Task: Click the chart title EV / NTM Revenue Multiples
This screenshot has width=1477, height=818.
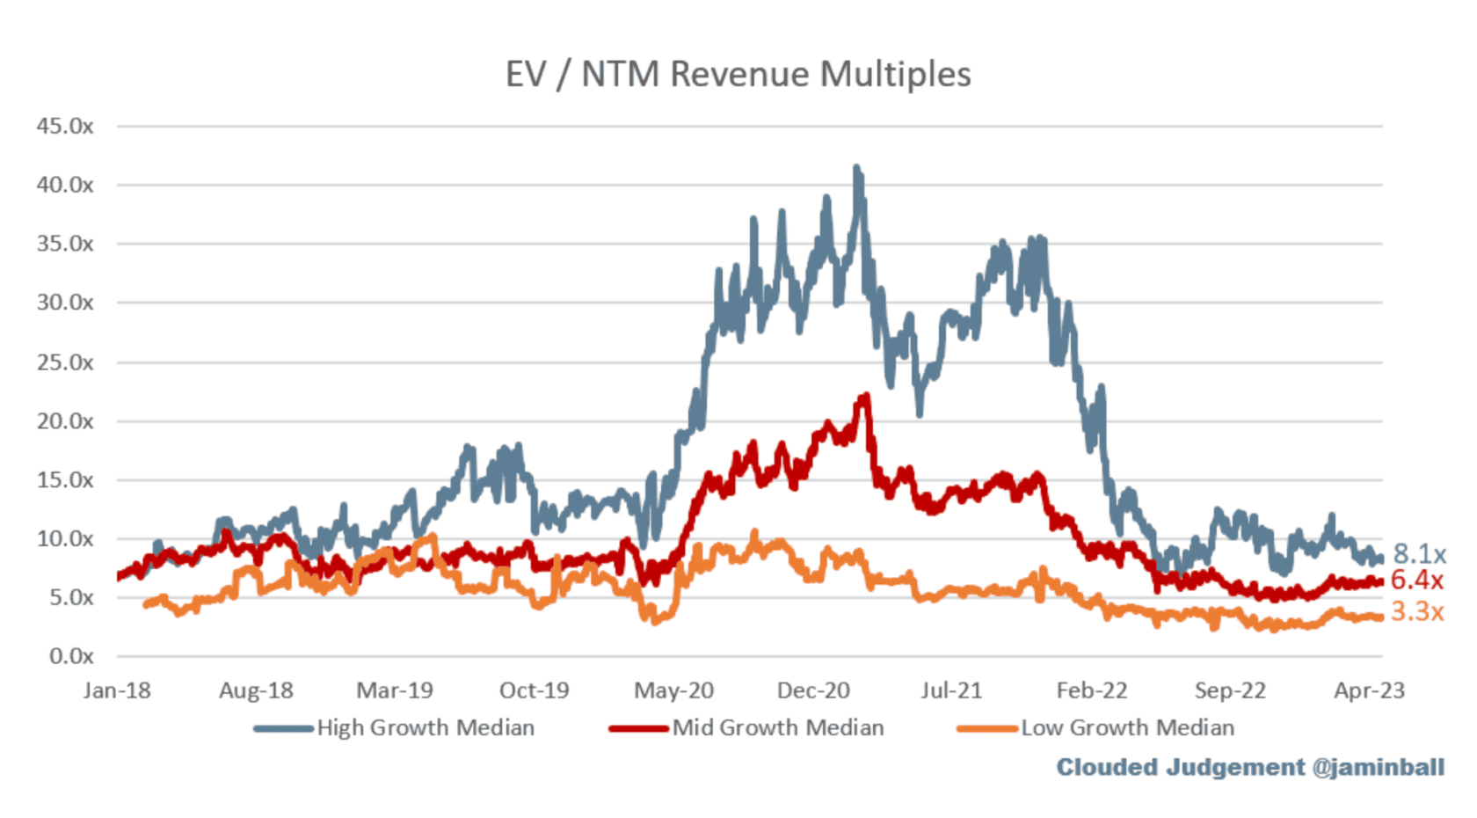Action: (x=738, y=74)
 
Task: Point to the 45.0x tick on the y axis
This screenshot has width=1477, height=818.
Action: (x=65, y=126)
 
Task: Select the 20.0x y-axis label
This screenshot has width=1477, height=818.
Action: (x=65, y=421)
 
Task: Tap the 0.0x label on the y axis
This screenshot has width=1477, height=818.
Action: (x=70, y=656)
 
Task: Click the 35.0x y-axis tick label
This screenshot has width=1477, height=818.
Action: (x=65, y=244)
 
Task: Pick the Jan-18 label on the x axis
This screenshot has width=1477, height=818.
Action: (x=117, y=690)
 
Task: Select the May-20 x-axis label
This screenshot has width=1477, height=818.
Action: (x=673, y=690)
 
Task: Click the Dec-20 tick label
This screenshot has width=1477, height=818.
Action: (x=813, y=690)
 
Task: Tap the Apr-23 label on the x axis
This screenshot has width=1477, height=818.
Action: (x=1369, y=690)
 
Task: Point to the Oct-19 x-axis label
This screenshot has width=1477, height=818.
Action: (x=534, y=690)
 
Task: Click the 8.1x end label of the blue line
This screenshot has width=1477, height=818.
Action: (x=1419, y=554)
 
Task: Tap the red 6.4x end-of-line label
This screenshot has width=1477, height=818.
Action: (x=1416, y=581)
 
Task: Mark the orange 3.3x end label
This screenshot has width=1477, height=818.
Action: (x=1416, y=611)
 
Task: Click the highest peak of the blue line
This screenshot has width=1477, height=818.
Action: (x=857, y=168)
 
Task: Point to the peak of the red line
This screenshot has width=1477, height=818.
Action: (x=866, y=397)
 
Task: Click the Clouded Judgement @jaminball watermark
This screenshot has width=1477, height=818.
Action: (x=1249, y=767)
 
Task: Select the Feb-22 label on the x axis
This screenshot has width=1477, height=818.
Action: (x=1091, y=690)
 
